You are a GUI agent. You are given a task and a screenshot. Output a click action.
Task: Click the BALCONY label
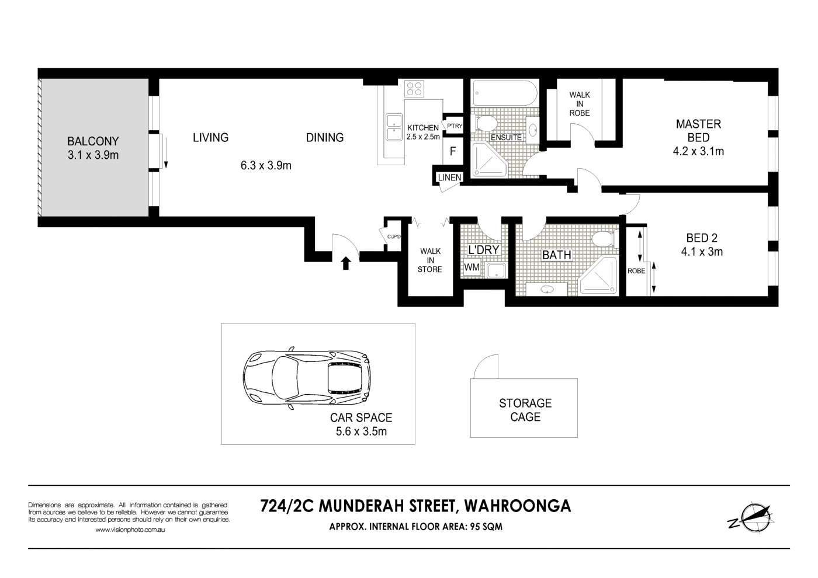point(92,141)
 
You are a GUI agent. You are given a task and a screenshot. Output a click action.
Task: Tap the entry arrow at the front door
point(345,263)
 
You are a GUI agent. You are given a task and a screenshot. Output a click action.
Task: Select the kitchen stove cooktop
point(414,88)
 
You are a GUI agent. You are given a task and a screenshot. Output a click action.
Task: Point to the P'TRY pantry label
point(455,126)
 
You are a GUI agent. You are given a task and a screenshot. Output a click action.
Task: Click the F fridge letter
point(453,152)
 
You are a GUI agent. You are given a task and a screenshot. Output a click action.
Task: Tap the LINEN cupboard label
point(449,177)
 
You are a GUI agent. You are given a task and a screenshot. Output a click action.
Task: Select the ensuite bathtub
point(504,93)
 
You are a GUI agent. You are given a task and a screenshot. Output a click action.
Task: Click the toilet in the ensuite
point(486,124)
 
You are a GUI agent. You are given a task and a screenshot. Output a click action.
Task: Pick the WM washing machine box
point(472,267)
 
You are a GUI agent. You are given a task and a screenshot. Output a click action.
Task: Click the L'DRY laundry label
point(484,250)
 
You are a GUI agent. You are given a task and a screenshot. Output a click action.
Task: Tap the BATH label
point(556,255)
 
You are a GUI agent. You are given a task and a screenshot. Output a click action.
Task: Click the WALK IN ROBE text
point(580,104)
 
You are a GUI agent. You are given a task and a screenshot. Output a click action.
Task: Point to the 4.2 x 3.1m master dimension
point(699,152)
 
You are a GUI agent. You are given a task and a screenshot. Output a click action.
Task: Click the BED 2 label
point(701,238)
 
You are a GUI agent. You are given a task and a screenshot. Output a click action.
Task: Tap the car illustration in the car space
point(307,379)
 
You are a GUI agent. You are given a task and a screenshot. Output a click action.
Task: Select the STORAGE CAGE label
point(525,410)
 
